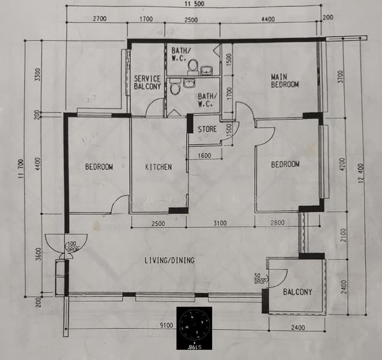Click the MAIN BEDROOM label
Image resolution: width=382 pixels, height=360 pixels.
pyautogui.click(x=284, y=80)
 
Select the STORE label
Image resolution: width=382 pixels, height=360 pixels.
pyautogui.click(x=207, y=128)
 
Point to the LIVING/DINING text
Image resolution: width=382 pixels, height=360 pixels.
pyautogui.click(x=169, y=260)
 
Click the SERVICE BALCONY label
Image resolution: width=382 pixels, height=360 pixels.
pyautogui.click(x=147, y=82)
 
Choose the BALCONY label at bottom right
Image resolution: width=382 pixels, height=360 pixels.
pyautogui.click(x=297, y=292)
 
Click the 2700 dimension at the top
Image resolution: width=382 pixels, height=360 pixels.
pyautogui.click(x=99, y=19)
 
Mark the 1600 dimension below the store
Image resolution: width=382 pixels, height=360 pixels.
pyautogui.click(x=204, y=156)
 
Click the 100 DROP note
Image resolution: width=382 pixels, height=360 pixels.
pyautogui.click(x=72, y=246)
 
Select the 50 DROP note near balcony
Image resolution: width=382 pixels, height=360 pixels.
pyautogui.click(x=259, y=279)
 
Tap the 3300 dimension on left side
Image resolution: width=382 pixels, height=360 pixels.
pyautogui.click(x=37, y=75)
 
